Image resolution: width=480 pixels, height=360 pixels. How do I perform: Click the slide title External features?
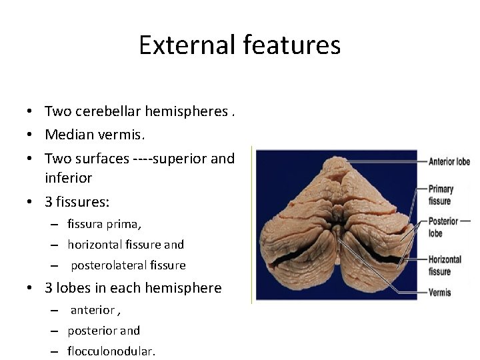(239, 45)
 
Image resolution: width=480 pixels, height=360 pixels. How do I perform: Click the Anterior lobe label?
(449, 161)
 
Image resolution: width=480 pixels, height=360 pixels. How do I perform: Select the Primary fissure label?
(440, 195)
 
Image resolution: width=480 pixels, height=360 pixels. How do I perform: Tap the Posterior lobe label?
(443, 227)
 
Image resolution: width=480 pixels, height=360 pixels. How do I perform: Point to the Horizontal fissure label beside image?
(445, 265)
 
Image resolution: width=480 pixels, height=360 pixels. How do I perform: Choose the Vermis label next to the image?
(440, 292)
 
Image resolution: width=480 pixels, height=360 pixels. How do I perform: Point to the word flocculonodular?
(111, 351)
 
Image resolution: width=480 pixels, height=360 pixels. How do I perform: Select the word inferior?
(68, 178)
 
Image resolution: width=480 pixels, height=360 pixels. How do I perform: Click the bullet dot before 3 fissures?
(31, 201)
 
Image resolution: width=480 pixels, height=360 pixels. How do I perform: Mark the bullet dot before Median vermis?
(31, 135)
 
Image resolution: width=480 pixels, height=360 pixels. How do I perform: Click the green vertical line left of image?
(252, 224)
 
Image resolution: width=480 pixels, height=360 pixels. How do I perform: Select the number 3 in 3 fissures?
(49, 201)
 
